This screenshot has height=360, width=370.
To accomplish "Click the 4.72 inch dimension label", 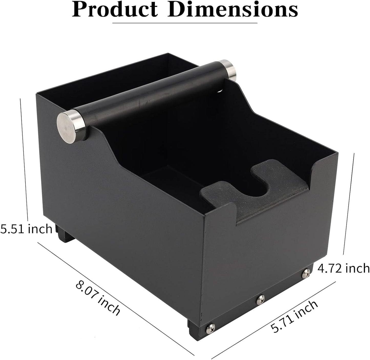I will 343,268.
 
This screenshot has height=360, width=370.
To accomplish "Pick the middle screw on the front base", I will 261,298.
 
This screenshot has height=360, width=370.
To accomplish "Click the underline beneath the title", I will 185,23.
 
